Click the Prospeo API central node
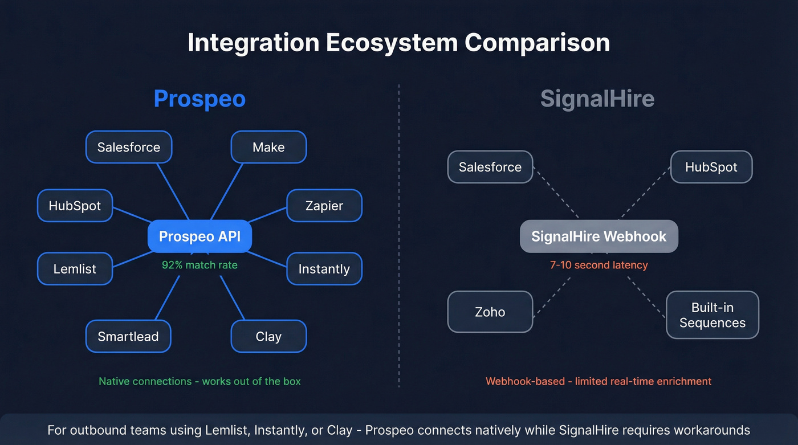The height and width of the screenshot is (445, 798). (x=199, y=236)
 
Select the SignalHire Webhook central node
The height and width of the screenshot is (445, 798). (x=598, y=236)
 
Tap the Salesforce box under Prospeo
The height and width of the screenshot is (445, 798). (x=129, y=147)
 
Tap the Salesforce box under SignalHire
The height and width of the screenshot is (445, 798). (x=490, y=167)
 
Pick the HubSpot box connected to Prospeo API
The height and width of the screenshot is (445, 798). (x=75, y=206)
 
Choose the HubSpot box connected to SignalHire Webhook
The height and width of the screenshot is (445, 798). (x=711, y=167)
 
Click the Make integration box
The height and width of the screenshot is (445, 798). (x=268, y=147)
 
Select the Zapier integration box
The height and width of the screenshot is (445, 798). (x=324, y=206)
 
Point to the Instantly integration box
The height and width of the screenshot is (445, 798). (x=324, y=269)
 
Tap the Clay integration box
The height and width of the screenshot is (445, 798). (x=268, y=336)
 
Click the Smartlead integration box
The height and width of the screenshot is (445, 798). (x=128, y=336)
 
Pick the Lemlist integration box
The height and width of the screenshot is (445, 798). (x=75, y=269)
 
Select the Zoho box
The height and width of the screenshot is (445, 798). (x=490, y=312)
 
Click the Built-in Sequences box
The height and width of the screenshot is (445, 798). (x=712, y=315)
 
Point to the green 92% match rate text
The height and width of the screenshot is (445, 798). (x=199, y=265)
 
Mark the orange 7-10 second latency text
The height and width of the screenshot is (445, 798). (x=598, y=265)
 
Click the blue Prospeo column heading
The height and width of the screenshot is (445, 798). (x=199, y=99)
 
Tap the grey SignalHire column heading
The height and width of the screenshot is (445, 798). (x=597, y=99)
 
